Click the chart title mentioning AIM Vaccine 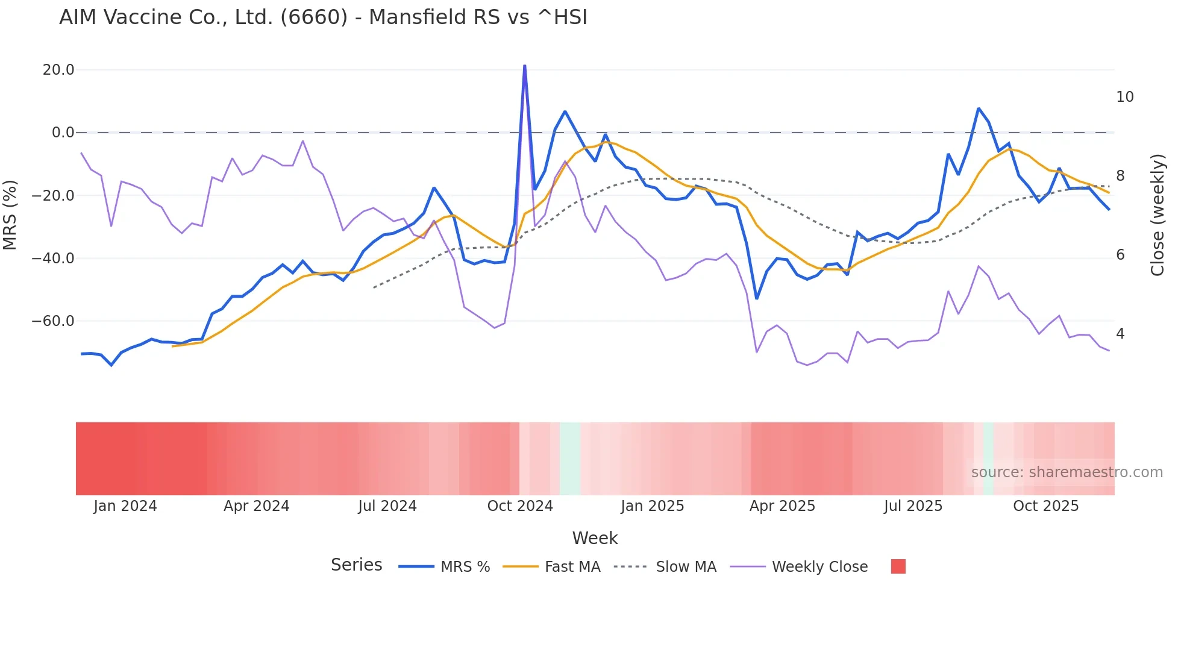tap(323, 17)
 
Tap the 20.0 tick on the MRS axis tap(58, 70)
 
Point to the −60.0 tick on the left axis tap(53, 321)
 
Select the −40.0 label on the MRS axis tap(53, 258)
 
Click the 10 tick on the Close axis tap(1124, 97)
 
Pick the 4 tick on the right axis tap(1120, 334)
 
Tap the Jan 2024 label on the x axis tap(125, 506)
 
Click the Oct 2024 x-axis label tap(520, 506)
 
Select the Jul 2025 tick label tap(913, 506)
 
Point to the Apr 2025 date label tap(782, 506)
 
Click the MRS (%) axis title tap(10, 215)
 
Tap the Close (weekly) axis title tap(1158, 215)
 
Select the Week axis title tap(595, 538)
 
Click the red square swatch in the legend tap(898, 566)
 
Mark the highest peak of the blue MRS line tap(524, 66)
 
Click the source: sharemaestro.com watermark tap(1067, 472)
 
